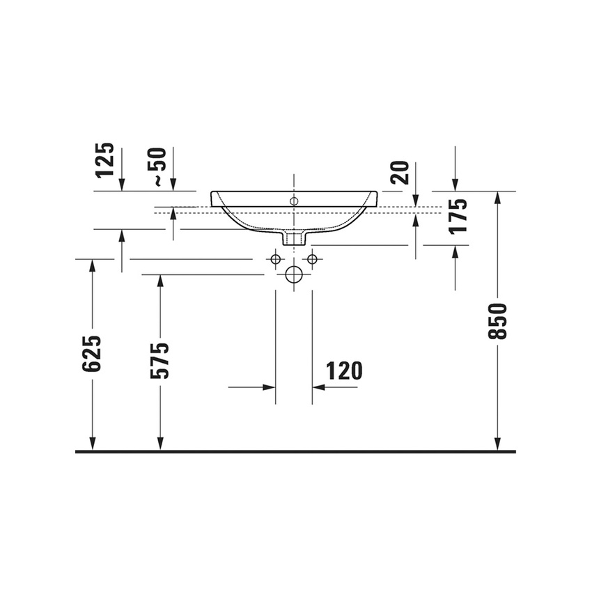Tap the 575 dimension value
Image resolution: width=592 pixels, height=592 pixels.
[160, 360]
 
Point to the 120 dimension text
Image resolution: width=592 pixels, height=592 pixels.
[343, 371]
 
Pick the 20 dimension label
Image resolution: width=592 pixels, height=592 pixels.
[399, 171]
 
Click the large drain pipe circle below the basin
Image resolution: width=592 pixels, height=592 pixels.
[294, 274]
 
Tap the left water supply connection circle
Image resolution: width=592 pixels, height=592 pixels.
[276, 259]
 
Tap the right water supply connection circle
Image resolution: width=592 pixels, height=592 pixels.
[312, 259]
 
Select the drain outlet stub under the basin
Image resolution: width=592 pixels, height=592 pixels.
[294, 238]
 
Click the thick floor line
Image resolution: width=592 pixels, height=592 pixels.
[295, 451]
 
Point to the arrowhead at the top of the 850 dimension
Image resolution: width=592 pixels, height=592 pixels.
[497, 197]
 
